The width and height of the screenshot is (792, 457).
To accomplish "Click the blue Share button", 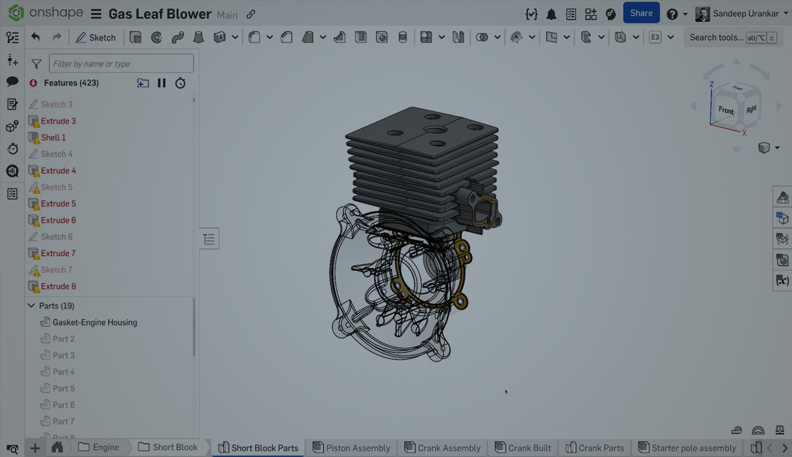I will [641, 13].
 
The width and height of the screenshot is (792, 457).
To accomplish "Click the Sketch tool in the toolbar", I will [96, 38].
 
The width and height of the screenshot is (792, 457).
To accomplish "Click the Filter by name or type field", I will [121, 63].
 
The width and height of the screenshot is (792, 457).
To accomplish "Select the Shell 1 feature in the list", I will [53, 138].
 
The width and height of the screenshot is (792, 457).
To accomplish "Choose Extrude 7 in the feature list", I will [58, 253].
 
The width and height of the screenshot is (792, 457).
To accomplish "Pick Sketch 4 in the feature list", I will [56, 154].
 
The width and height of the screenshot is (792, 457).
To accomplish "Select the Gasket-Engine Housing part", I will [95, 322].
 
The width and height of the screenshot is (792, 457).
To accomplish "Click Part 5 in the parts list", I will [63, 388].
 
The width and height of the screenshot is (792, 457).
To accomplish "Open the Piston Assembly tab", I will [357, 448].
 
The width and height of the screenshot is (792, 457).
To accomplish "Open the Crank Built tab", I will [529, 448].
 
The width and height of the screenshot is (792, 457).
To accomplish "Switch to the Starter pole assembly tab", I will [693, 448].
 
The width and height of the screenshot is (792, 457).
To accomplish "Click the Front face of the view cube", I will [726, 110].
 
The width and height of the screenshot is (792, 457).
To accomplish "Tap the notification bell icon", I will [551, 14].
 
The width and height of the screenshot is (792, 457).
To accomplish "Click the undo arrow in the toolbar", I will [35, 37].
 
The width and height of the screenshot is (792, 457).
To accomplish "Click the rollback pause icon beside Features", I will [161, 83].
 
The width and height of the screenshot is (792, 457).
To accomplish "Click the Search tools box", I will [716, 38].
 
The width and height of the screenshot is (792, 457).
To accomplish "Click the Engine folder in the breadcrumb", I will [105, 447].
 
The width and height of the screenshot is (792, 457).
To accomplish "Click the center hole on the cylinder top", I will [435, 130].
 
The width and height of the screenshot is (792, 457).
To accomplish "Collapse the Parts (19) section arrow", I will [31, 305].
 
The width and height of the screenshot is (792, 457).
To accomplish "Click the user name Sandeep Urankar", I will [745, 14].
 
